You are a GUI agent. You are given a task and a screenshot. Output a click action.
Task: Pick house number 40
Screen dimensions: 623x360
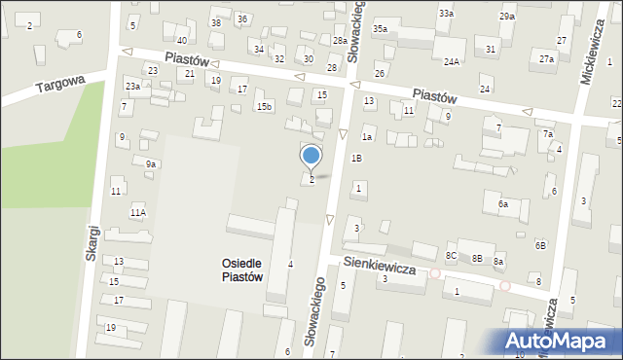point(181,40)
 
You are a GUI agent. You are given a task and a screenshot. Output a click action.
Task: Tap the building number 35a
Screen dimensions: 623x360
point(380,29)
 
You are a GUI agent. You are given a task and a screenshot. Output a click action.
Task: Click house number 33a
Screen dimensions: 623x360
point(446,14)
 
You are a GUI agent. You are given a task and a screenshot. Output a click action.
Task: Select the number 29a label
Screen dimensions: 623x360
point(507,17)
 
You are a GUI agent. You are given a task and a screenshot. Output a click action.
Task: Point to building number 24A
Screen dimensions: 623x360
point(452,62)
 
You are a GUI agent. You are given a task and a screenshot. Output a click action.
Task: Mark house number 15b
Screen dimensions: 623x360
point(264,105)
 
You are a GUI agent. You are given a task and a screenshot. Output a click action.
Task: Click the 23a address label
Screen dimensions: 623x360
point(132,87)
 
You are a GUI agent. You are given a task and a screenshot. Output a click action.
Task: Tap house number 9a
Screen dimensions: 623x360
point(151,164)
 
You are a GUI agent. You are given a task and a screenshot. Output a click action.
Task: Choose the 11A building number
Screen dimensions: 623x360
point(137,212)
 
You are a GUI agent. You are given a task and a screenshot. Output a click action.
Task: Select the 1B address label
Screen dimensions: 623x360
point(356,158)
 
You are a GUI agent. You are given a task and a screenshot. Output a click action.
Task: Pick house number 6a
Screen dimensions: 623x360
point(503,204)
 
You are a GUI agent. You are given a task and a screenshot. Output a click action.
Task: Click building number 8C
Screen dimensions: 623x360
point(452,256)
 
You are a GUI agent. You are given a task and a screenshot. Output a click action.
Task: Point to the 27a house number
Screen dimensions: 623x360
point(547,59)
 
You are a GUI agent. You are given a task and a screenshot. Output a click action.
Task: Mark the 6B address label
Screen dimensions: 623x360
point(540,245)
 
